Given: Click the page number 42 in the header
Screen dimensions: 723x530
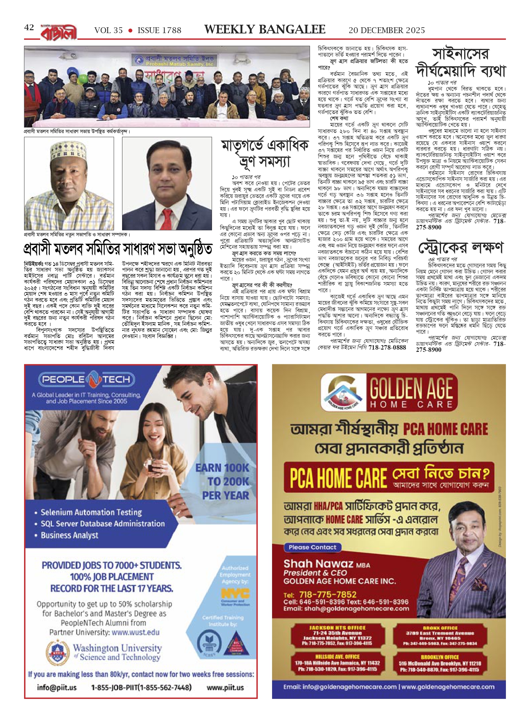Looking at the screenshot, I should click(x=29, y=28).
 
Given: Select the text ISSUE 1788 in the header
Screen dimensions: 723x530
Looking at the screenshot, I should click(x=159, y=31).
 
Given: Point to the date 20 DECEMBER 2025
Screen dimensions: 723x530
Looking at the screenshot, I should click(x=387, y=31).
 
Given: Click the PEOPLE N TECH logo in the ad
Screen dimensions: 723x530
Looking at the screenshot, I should click(x=86, y=379).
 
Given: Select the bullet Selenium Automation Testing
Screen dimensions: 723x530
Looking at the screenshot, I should click(x=91, y=512).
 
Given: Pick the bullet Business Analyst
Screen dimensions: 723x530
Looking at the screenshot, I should click(x=69, y=535).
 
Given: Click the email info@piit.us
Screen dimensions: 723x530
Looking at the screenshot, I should click(x=57, y=687).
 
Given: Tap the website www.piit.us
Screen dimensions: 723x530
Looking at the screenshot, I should click(x=225, y=687).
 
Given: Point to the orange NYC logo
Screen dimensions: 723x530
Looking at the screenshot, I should click(x=235, y=593).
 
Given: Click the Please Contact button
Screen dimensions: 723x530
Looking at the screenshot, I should click(x=312, y=547).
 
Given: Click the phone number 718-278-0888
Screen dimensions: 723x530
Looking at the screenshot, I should click(x=387, y=347).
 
